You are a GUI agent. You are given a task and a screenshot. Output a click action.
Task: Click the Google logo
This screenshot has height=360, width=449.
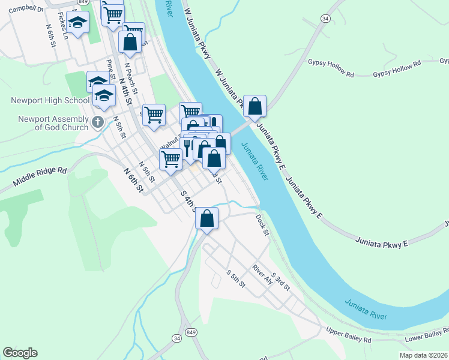pos(20,353)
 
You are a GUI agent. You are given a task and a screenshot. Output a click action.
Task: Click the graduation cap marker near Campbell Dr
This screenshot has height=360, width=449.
pos(77,22)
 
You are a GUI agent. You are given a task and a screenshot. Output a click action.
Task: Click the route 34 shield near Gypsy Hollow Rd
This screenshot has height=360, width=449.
pos(325,19)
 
